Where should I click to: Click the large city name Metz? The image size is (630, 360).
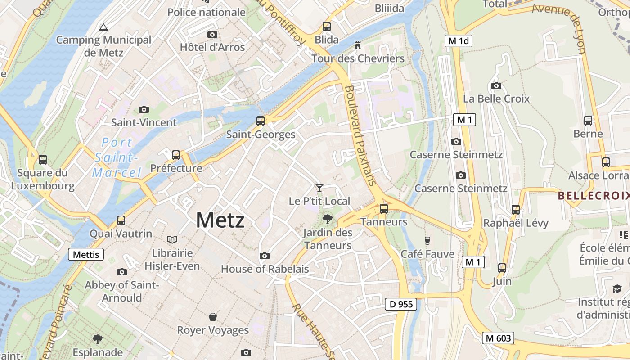[220, 220]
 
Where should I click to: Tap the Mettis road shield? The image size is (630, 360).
[86, 254]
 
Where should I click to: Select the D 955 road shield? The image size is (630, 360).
[401, 304]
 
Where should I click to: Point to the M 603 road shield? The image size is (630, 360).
[499, 338]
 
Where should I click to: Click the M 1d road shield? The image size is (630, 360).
[459, 41]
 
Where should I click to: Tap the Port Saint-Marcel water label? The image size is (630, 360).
[116, 157]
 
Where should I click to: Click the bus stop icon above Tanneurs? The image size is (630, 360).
[384, 209]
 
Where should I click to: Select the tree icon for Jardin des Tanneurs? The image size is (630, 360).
[328, 219]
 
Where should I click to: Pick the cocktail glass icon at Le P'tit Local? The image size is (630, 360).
[319, 188]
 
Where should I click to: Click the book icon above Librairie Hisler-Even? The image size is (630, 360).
[172, 239]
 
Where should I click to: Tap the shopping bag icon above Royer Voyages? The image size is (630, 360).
[213, 317]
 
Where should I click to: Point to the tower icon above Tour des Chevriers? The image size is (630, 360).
[358, 45]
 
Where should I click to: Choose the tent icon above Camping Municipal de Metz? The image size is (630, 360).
[103, 27]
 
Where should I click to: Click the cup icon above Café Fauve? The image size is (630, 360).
[427, 241]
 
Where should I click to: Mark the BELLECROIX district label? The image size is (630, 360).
[593, 196]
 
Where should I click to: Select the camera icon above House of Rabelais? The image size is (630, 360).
[265, 256]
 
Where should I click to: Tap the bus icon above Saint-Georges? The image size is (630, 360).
[261, 121]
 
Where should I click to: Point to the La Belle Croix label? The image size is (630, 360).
[496, 99]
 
